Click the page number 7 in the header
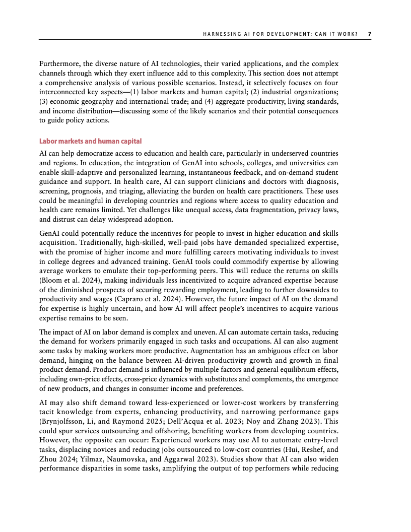pos(369,34)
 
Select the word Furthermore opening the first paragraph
pos(59,64)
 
